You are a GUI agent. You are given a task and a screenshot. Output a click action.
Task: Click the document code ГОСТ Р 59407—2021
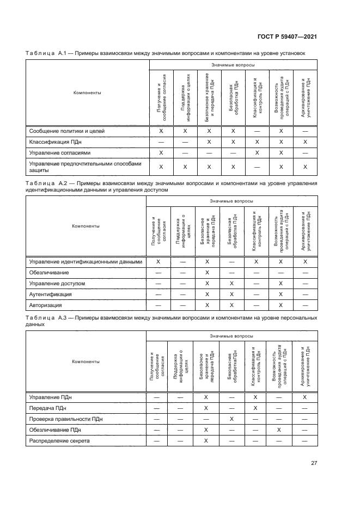tap(288, 37)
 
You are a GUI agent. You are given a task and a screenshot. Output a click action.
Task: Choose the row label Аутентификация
tap(50, 295)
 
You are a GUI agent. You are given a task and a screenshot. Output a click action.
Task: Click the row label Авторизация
tap(46, 305)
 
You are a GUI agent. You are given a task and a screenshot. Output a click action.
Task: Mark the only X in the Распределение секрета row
tap(207, 441)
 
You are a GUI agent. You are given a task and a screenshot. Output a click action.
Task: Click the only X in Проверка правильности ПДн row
tap(232, 419)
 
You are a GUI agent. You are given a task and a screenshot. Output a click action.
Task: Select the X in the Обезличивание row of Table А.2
tap(207, 273)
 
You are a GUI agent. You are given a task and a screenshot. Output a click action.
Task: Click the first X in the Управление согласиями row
tap(161, 152)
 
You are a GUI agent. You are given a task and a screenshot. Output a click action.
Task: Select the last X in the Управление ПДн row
tap(305, 397)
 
